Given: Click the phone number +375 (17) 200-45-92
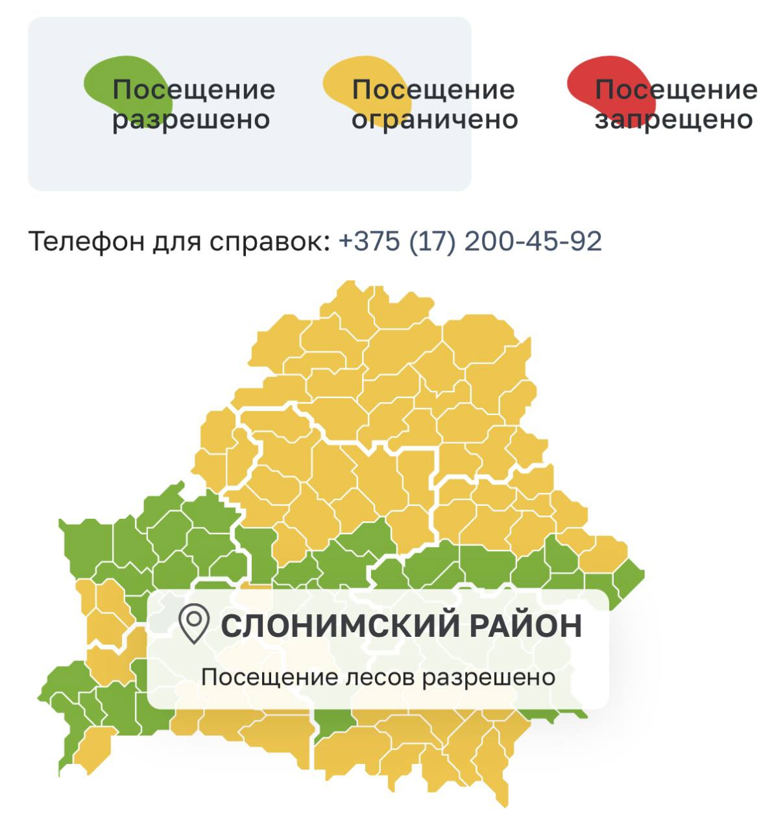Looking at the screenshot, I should coord(470,241).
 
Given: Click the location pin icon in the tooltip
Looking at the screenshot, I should coord(193,624).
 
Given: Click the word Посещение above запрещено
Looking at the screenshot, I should coord(675,89).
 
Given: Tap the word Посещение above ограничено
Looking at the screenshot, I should coord(433,89).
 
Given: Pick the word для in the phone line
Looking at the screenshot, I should coord(178,242).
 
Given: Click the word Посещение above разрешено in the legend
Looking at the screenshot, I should coord(193,89).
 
